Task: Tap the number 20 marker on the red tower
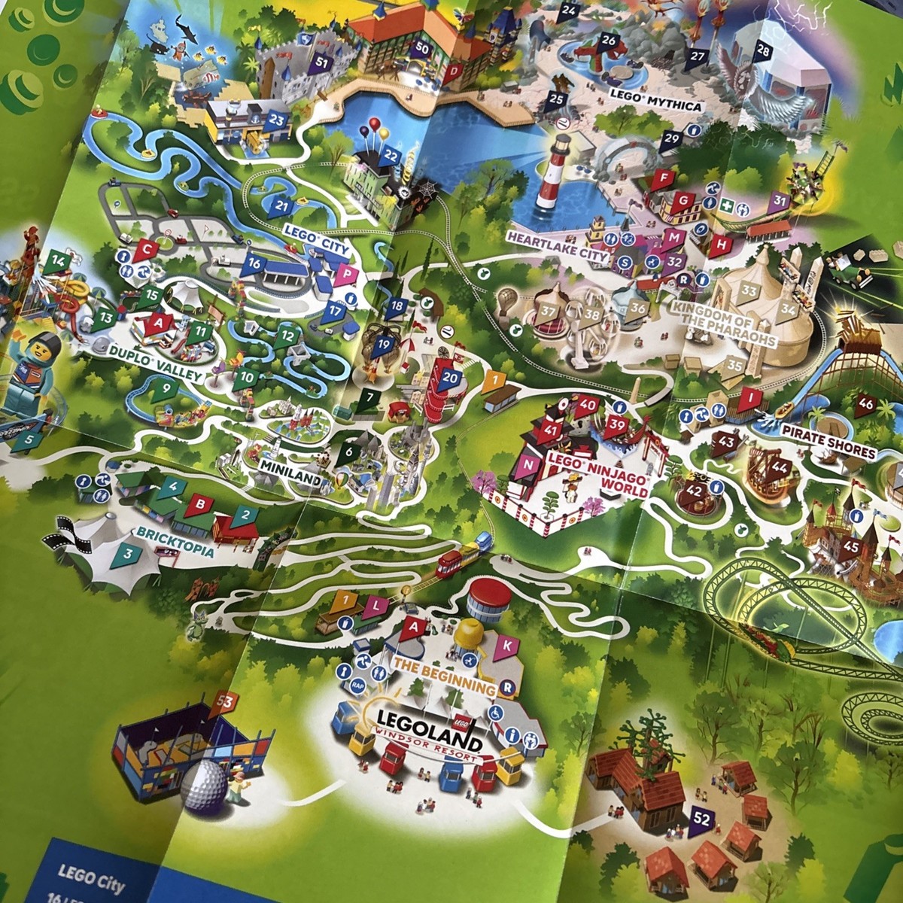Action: (450, 377)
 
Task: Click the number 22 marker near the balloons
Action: (391, 155)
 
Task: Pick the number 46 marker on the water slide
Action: (866, 403)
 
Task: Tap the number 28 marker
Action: (764, 51)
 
